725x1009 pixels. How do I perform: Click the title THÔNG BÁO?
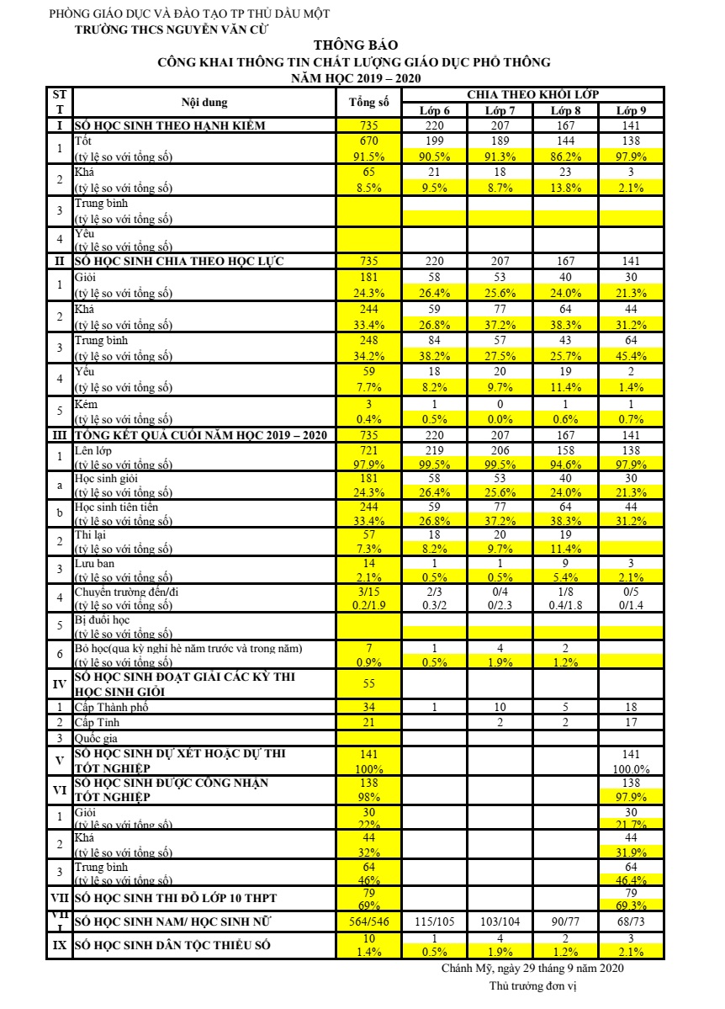coord(356,45)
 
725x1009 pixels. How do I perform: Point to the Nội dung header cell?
coord(204,103)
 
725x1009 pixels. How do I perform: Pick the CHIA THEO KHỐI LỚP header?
coord(532,94)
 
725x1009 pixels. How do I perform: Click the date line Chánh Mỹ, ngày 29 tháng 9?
coord(532,969)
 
